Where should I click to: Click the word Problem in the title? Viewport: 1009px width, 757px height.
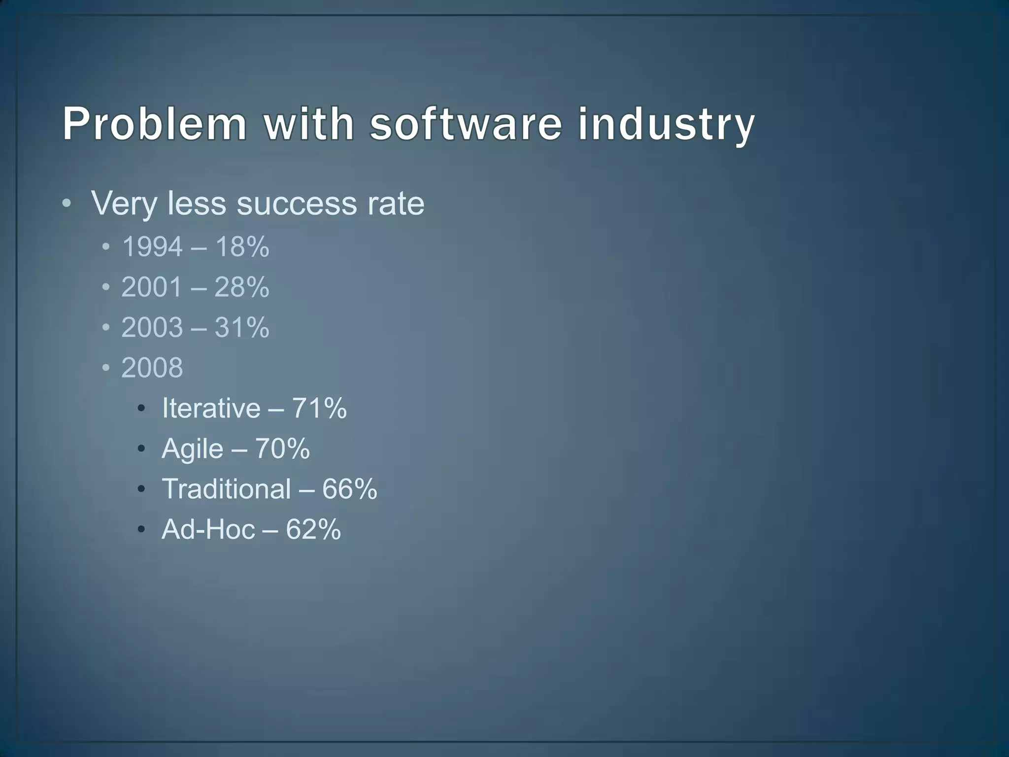pyautogui.click(x=154, y=124)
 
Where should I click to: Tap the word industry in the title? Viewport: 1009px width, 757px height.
pyautogui.click(x=666, y=124)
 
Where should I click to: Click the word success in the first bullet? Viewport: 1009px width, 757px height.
pyautogui.click(x=296, y=203)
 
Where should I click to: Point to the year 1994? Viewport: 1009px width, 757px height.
pyautogui.click(x=152, y=246)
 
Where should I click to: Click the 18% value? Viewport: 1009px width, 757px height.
pyautogui.click(x=242, y=246)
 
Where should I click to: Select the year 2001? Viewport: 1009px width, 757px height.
pyautogui.click(x=152, y=287)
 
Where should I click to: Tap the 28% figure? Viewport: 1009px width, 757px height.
pyautogui.click(x=242, y=287)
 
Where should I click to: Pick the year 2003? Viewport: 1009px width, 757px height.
pyautogui.click(x=152, y=327)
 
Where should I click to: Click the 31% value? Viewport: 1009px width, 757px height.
pyautogui.click(x=242, y=327)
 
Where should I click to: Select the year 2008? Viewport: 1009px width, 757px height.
pyautogui.click(x=152, y=368)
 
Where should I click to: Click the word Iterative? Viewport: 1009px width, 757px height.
pyautogui.click(x=211, y=408)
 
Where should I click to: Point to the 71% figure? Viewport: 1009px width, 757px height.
pyautogui.click(x=319, y=408)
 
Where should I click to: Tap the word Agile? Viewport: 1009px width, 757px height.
pyautogui.click(x=192, y=449)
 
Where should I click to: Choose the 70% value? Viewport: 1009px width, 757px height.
pyautogui.click(x=282, y=448)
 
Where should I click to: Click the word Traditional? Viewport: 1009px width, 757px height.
pyautogui.click(x=226, y=489)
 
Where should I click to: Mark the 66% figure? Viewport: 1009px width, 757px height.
pyautogui.click(x=350, y=489)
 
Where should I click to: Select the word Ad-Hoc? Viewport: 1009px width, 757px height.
pyautogui.click(x=208, y=529)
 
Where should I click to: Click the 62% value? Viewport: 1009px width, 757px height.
pyautogui.click(x=313, y=529)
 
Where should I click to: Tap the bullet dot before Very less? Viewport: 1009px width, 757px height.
pyautogui.click(x=67, y=204)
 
